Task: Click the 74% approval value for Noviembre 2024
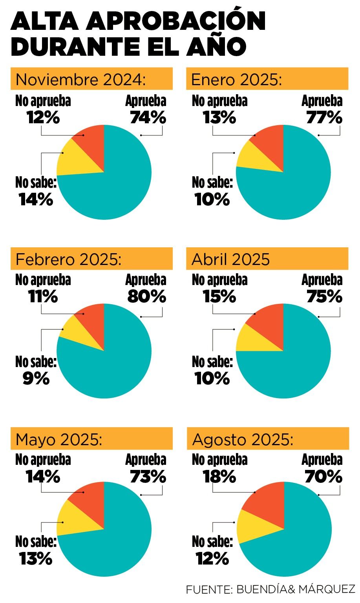point(148,117)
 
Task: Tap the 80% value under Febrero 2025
point(147,297)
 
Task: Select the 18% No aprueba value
point(219,477)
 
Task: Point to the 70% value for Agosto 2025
point(323,477)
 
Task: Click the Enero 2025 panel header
point(267,79)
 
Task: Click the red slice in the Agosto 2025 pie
point(267,506)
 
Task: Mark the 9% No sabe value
point(36,378)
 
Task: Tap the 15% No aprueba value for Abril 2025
point(219,297)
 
